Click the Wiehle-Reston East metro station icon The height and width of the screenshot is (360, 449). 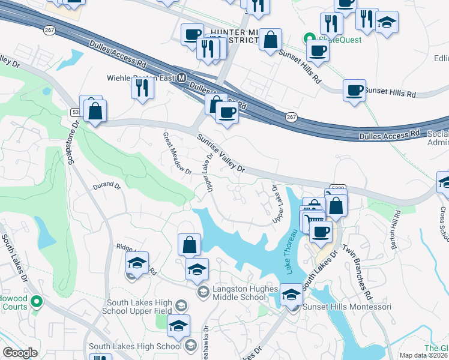click(181, 78)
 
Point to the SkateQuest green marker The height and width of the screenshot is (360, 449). click(309, 37)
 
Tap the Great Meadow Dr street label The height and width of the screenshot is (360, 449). click(177, 154)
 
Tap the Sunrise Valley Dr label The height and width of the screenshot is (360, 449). click(221, 154)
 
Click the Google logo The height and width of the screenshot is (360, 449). click(20, 353)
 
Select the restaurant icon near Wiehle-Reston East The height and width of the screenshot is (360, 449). click(142, 88)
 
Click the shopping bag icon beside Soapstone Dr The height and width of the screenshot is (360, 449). click(95, 110)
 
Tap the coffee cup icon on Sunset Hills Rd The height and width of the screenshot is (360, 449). click(354, 91)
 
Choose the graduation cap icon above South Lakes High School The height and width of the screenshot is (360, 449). click(178, 326)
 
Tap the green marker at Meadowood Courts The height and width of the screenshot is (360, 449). click(37, 301)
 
